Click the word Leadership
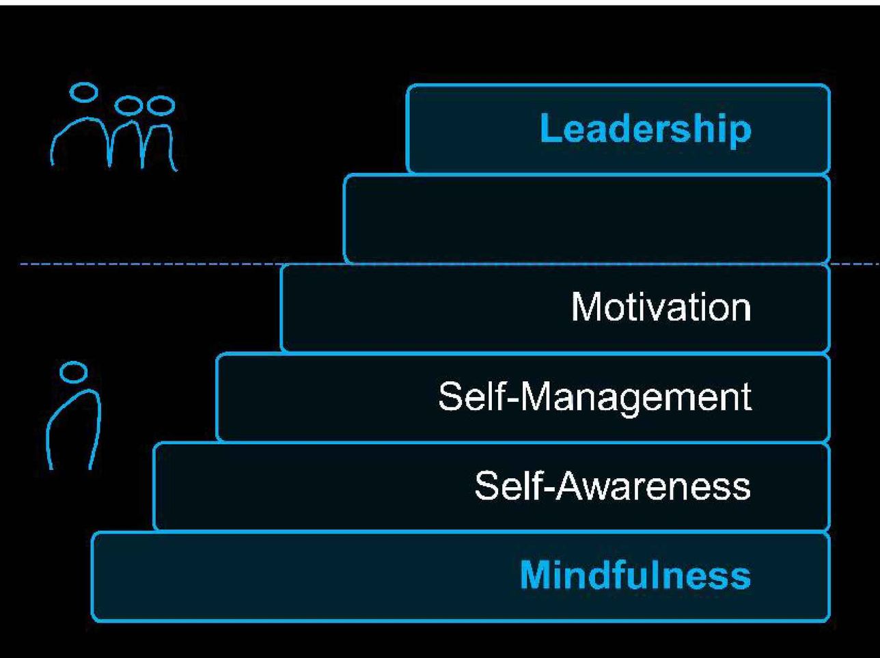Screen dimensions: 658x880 click(x=645, y=128)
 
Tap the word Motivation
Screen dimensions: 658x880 click(x=661, y=307)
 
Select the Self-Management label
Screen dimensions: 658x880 click(x=594, y=396)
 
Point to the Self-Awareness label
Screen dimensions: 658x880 click(x=612, y=486)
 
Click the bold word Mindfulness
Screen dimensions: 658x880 click(x=635, y=575)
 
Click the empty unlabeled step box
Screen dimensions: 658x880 click(x=586, y=219)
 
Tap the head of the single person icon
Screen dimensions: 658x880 click(x=74, y=372)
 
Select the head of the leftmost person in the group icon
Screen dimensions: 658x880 click(x=85, y=93)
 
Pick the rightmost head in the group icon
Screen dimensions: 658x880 click(x=161, y=106)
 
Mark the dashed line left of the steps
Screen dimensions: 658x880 click(x=150, y=263)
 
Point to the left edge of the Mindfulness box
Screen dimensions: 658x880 click(x=93, y=576)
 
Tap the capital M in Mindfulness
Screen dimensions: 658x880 click(x=536, y=575)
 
